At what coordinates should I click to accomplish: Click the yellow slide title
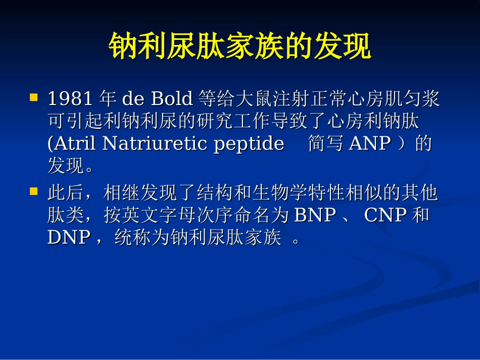(240, 47)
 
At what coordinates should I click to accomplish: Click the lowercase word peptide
(249, 144)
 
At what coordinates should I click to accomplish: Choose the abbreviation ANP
(370, 144)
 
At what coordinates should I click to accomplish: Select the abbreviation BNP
(315, 216)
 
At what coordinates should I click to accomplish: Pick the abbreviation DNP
(69, 238)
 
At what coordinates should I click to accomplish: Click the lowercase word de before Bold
(133, 98)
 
